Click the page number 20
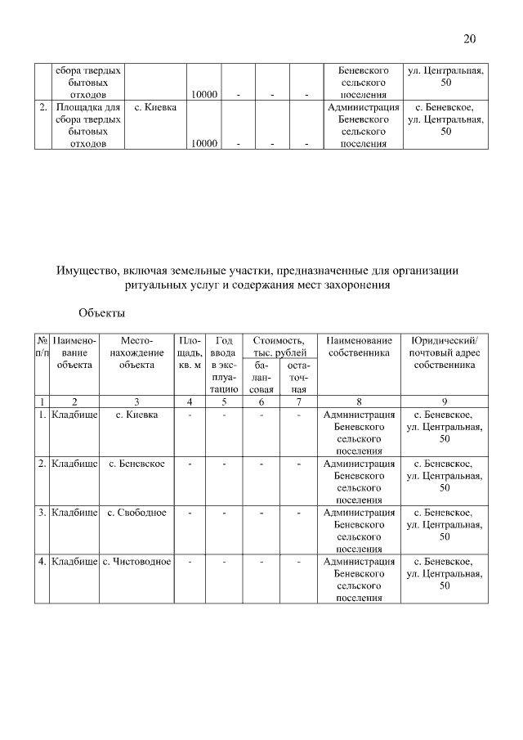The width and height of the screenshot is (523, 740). (x=468, y=38)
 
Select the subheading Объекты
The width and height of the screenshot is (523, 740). (x=102, y=312)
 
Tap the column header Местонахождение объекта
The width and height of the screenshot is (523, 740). (x=136, y=352)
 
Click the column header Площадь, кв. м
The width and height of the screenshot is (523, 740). (x=190, y=352)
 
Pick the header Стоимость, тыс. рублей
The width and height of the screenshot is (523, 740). (x=279, y=346)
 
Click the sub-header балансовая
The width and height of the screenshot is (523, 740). (x=261, y=378)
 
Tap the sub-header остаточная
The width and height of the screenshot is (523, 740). (x=298, y=378)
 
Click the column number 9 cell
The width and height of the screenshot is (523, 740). (x=444, y=401)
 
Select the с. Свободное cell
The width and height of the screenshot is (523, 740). (x=136, y=513)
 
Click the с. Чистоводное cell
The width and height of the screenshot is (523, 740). (x=136, y=562)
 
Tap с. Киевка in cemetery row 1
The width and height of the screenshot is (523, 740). (x=136, y=415)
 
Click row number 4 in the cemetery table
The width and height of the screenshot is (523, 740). (x=42, y=562)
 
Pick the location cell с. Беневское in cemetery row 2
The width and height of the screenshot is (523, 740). (x=136, y=464)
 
